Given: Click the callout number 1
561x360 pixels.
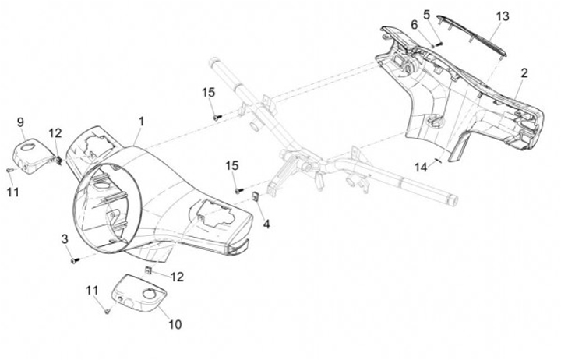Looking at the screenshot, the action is click(x=141, y=122).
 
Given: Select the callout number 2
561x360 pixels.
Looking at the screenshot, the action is click(x=524, y=73).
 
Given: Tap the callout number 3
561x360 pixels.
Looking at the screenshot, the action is click(x=65, y=239).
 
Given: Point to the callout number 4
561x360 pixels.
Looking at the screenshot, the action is click(x=266, y=224).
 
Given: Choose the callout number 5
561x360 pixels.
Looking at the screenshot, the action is click(x=426, y=15).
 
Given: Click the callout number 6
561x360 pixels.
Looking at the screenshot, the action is click(x=415, y=25).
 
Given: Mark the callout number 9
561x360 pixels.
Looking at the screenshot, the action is click(x=20, y=122).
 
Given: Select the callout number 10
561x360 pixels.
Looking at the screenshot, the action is click(x=175, y=325).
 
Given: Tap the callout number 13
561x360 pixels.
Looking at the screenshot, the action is click(x=503, y=16).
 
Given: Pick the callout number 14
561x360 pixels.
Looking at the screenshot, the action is click(x=421, y=167).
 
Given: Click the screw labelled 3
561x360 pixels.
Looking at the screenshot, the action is click(x=75, y=260).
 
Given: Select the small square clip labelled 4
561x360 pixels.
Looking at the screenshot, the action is click(x=256, y=196).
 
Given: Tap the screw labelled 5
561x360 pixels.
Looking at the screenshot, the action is click(x=439, y=44).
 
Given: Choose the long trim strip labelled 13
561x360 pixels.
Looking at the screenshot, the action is click(x=472, y=35).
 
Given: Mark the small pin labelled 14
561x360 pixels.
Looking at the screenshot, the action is click(x=439, y=161).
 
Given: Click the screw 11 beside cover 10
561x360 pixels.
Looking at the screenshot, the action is click(x=107, y=312).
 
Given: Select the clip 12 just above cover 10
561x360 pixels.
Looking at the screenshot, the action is click(x=148, y=270).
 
